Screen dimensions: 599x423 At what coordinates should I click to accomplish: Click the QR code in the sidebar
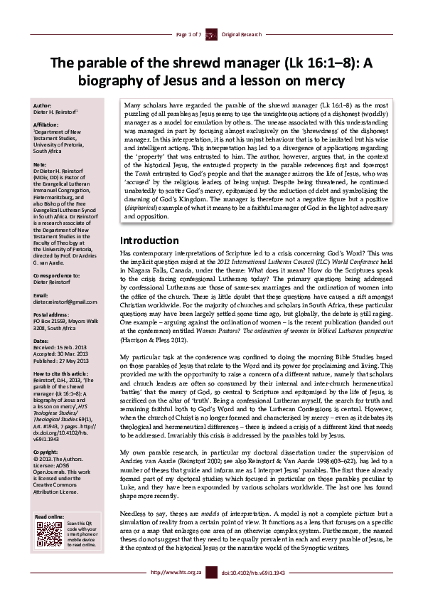[x=48, y=534]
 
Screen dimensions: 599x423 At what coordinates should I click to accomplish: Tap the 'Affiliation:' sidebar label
[x=48, y=124]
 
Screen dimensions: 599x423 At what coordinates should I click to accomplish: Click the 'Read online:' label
[x=50, y=516]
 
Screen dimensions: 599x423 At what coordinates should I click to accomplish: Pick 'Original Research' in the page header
[x=242, y=34]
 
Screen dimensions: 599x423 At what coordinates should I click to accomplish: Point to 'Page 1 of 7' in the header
[x=189, y=34]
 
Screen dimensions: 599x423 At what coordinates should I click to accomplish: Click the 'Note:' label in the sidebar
[x=41, y=163]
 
